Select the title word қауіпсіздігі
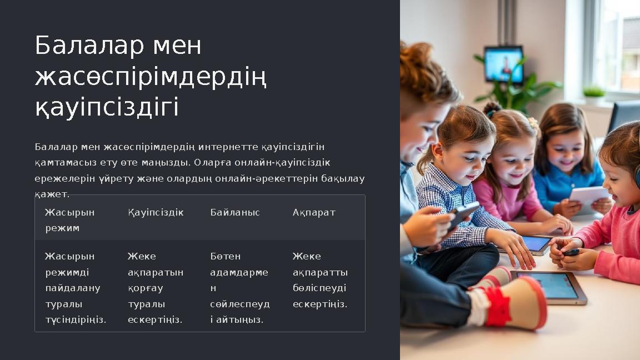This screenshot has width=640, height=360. (107, 107)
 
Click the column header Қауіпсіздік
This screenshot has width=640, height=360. (156, 213)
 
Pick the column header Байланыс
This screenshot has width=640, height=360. (235, 213)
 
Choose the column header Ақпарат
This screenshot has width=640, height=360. (314, 213)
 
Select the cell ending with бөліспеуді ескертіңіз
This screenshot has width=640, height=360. (320, 280)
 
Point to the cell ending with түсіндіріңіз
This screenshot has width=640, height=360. (75, 288)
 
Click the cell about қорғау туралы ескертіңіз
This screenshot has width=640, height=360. (156, 288)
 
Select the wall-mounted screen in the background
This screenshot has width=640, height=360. (503, 64)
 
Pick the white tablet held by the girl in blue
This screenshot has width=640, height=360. (588, 198)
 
